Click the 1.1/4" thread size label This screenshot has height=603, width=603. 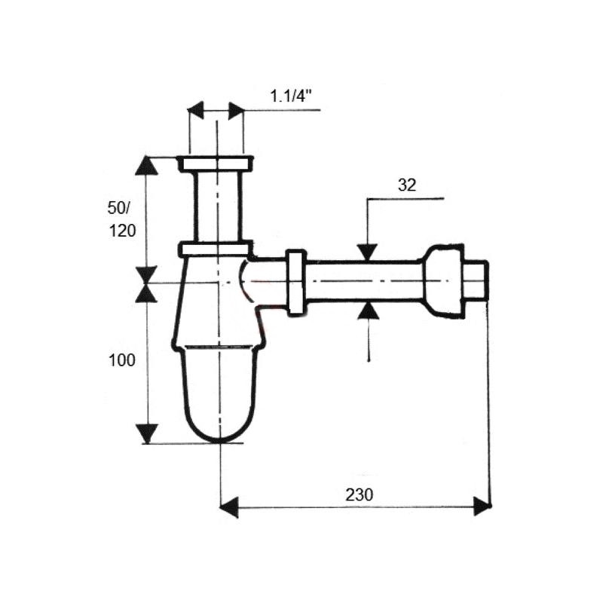(290, 96)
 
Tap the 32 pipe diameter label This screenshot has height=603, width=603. (407, 185)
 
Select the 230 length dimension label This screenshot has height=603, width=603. (360, 494)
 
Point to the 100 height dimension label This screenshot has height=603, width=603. (122, 360)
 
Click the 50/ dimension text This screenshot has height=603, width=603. (119, 208)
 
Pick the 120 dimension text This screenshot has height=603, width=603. (123, 231)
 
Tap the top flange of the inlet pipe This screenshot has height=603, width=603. (216, 164)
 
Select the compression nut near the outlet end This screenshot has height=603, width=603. (443, 282)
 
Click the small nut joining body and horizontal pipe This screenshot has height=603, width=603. (296, 283)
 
